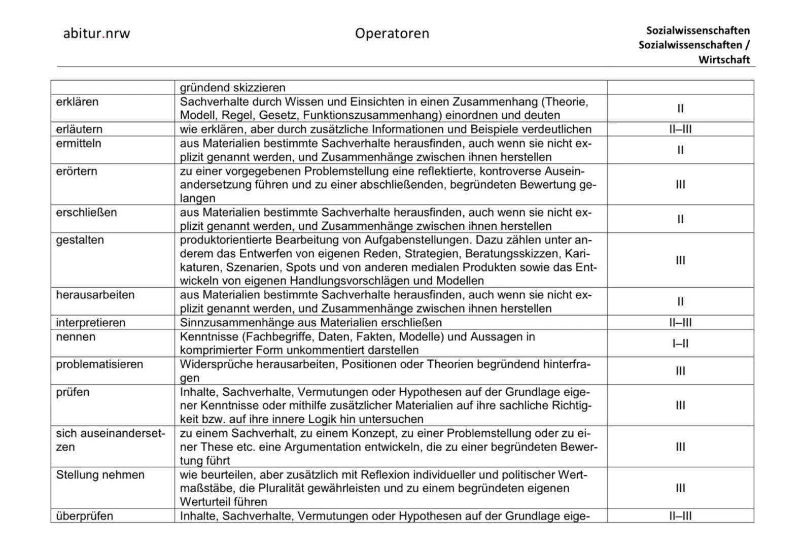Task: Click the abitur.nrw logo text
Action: tap(96, 34)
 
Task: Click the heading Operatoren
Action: tap(392, 33)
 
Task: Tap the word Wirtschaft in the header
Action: tap(723, 60)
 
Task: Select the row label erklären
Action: tap(77, 102)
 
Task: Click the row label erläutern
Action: tap(79, 129)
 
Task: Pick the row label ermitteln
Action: tap(79, 144)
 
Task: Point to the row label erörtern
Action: tap(76, 171)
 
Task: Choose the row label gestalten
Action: tap(80, 240)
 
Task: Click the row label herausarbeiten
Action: tap(95, 295)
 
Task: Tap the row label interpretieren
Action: tap(90, 323)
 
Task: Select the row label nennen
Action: tap(76, 337)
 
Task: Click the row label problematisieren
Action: tap(99, 364)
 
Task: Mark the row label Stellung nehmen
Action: tap(100, 475)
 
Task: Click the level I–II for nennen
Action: tap(680, 344)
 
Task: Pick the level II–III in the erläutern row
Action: tap(680, 129)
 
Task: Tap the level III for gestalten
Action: tap(680, 260)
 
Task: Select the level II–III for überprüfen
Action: tap(680, 516)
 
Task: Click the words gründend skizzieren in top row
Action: tap(232, 88)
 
